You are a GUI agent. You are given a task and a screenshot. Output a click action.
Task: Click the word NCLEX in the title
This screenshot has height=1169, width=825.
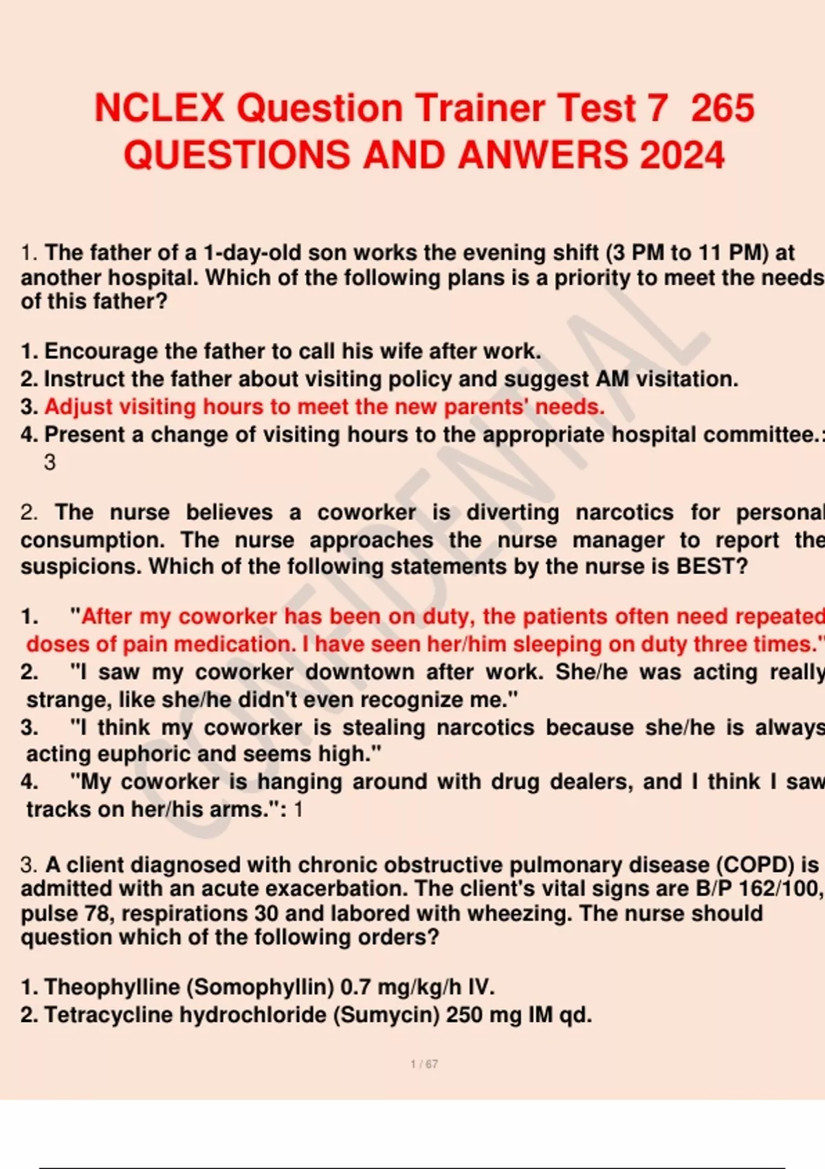click(x=159, y=108)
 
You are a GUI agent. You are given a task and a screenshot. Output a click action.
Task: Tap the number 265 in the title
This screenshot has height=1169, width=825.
click(x=722, y=108)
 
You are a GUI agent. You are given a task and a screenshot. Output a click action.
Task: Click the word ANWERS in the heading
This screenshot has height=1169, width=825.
click(x=542, y=155)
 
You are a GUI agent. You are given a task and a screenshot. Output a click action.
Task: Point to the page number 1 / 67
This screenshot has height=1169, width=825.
click(x=424, y=1064)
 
